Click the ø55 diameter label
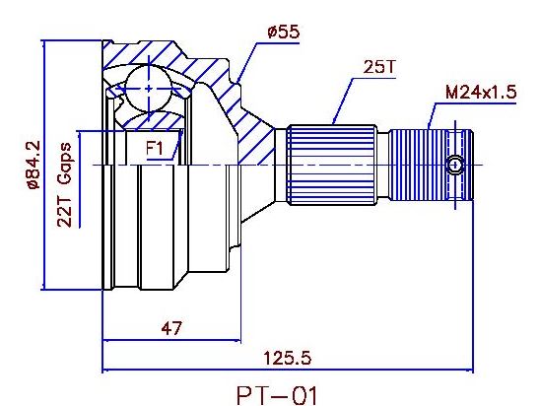click(x=283, y=32)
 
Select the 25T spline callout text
click(x=379, y=67)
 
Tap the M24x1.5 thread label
click(x=481, y=93)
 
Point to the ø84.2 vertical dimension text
click(x=34, y=165)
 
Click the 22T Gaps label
click(x=64, y=184)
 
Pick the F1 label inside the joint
click(x=154, y=149)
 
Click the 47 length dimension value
click(x=171, y=328)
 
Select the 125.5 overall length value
click(x=287, y=358)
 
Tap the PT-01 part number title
click(x=277, y=396)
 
